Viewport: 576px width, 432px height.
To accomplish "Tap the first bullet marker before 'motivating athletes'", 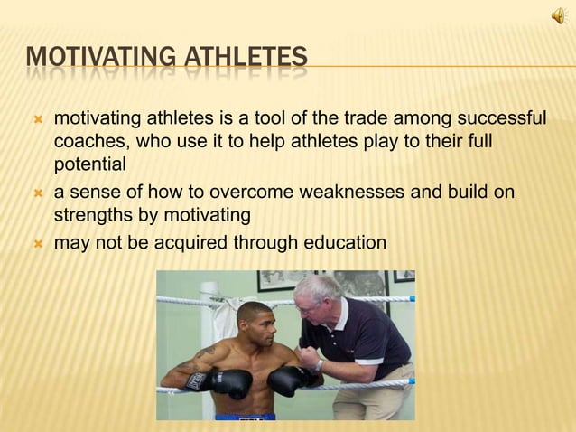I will point(37,120).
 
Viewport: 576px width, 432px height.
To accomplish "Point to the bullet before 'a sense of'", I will point(37,193).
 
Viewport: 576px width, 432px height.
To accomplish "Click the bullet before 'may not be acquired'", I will point(37,243).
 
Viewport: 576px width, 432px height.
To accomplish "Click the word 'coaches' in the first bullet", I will point(87,144).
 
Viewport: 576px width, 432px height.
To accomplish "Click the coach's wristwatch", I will point(319,364).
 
